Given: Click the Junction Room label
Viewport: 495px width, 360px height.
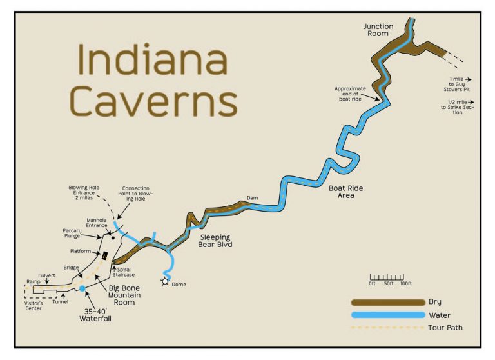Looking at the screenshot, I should pos(378,30).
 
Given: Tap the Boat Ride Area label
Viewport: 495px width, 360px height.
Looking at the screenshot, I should pos(345,192).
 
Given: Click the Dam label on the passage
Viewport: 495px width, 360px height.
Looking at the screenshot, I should pos(252,198).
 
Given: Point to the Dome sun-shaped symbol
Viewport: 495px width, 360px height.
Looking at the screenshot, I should pos(166,281).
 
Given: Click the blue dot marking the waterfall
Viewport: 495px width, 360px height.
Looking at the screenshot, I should pos(82,288).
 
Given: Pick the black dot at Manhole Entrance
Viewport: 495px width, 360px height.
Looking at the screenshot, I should pos(112,238).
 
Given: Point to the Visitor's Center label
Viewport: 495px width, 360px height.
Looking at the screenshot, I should pos(34,305).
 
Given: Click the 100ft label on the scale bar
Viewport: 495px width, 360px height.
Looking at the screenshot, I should pos(405,284).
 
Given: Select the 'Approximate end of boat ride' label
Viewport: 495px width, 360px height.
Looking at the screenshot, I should pos(350,94).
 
